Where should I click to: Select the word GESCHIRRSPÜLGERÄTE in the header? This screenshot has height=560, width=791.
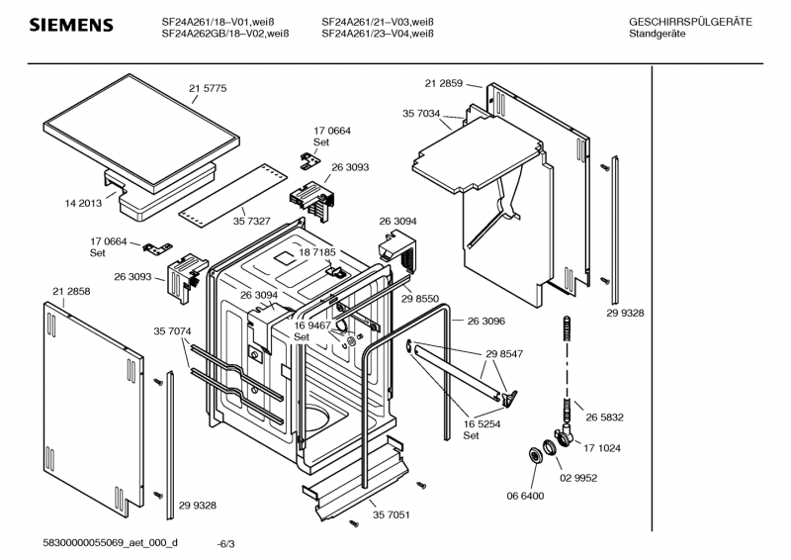(x=690, y=22)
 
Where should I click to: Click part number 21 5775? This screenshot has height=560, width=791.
(x=208, y=88)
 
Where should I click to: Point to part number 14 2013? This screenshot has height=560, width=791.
(x=84, y=203)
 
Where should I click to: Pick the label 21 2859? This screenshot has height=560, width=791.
(x=444, y=84)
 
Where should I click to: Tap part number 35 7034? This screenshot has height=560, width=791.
(x=421, y=115)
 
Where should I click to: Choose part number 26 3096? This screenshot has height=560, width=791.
(x=485, y=321)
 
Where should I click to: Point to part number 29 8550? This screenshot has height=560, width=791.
(x=420, y=298)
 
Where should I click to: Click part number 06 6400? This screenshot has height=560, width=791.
(x=525, y=495)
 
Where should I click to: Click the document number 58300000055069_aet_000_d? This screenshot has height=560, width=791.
(x=111, y=542)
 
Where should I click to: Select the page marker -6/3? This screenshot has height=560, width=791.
(x=226, y=543)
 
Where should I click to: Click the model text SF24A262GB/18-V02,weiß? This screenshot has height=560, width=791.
(x=224, y=35)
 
